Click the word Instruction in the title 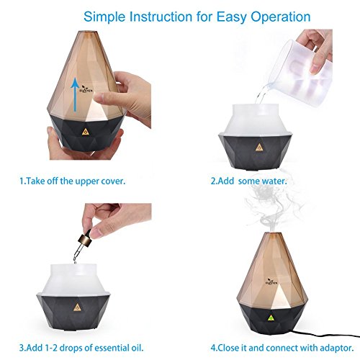[x=161, y=17]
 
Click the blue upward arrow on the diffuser [x=76, y=94]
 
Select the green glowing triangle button [x=271, y=318]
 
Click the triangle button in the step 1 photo [x=85, y=132]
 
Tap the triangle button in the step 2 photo [x=258, y=147]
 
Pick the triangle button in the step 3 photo [x=77, y=307]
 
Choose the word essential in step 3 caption [x=112, y=348]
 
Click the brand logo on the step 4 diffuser [x=271, y=282]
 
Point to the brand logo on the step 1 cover [x=86, y=89]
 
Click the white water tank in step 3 [x=73, y=279]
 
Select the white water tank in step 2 [x=256, y=120]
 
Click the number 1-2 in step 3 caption [x=51, y=348]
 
